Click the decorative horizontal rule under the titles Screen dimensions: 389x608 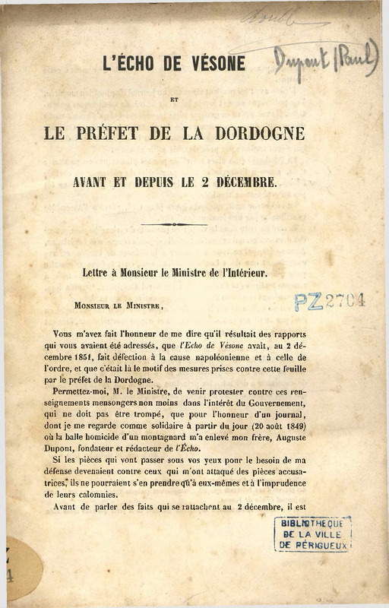(174, 224)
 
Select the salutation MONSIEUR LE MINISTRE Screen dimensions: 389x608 (119, 305)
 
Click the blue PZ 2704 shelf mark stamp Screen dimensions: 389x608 (330, 302)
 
